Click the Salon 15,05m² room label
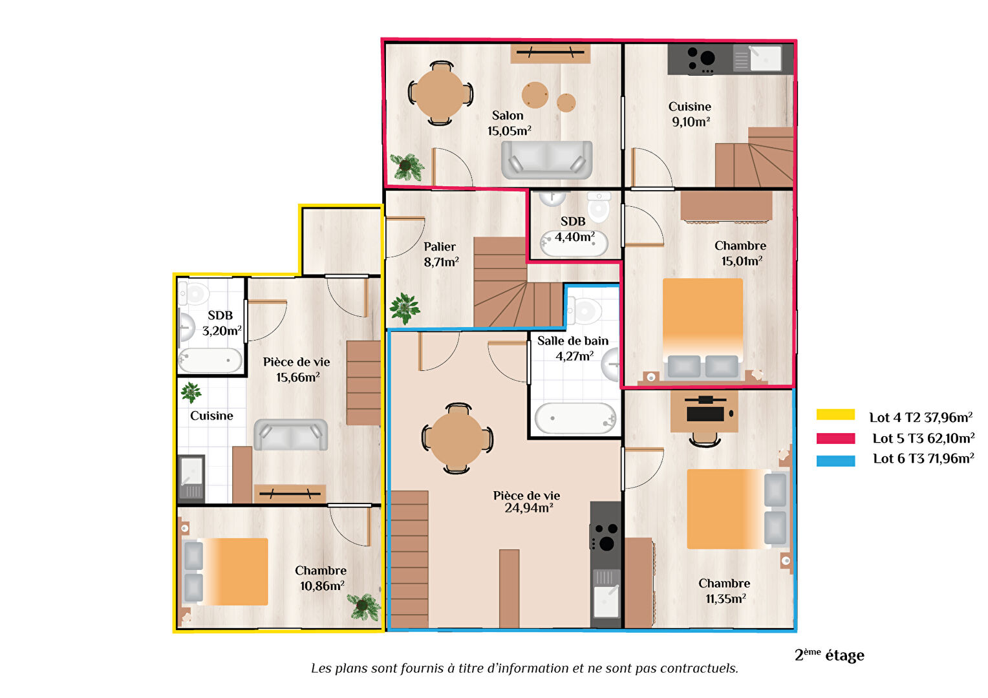tap(509, 123)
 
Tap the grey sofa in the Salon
tap(546, 160)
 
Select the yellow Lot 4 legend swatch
tap(835, 415)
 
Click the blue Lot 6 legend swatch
tap(835, 461)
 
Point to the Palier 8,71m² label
tap(441, 255)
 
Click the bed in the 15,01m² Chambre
tap(703, 328)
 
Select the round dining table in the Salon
tap(440, 94)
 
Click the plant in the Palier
tap(404, 308)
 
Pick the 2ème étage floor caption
tap(829, 655)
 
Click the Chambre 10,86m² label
tap(321, 578)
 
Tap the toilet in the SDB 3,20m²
tap(193, 293)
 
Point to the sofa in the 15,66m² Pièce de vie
tap(291, 435)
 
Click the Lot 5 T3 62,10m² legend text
tap(923, 438)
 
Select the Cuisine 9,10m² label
tap(691, 114)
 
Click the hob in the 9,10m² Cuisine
tap(701, 59)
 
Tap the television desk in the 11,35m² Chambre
tap(704, 412)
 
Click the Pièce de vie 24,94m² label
tap(527, 502)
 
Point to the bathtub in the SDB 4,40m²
tap(574, 244)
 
